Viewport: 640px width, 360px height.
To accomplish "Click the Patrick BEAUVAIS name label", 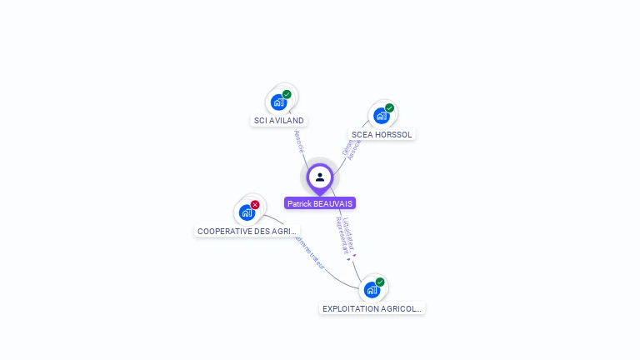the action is [320, 203].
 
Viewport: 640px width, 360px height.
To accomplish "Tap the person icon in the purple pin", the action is [320, 177].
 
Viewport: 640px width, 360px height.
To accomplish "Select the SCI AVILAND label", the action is [278, 120].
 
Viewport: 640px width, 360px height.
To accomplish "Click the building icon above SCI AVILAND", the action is [278, 102].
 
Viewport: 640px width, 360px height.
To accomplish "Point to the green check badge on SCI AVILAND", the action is [287, 94].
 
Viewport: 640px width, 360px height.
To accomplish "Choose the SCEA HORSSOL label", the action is [382, 134].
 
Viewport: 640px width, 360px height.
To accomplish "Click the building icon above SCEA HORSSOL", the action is [381, 116].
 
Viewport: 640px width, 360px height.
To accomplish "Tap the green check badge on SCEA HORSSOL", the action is [389, 108].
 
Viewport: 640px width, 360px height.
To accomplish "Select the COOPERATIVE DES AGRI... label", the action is [247, 231].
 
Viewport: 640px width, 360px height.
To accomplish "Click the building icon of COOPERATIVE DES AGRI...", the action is [247, 212].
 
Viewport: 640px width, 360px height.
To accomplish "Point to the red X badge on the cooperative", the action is [255, 205].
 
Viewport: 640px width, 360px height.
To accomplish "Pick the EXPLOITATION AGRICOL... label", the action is [372, 308].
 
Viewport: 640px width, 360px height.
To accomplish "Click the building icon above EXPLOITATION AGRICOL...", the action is [372, 290].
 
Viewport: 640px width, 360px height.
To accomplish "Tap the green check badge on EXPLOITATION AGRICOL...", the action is [380, 282].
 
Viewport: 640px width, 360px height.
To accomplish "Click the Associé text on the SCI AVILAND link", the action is [299, 141].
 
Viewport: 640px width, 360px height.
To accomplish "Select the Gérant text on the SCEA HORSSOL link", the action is [346, 147].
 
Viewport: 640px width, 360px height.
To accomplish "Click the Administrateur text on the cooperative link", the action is [307, 251].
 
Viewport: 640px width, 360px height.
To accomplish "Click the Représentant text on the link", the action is [342, 237].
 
